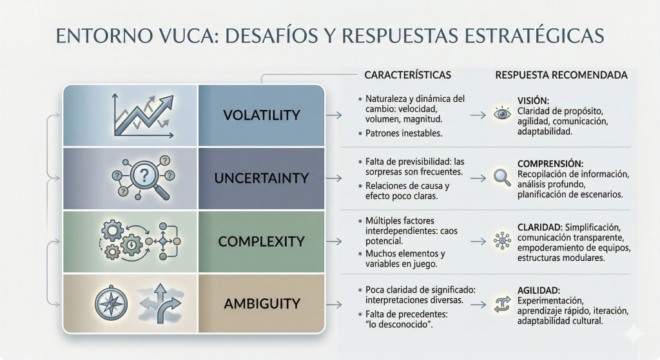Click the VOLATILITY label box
pos(262,115)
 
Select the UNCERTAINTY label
pos(262,178)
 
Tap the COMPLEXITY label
pos(262,242)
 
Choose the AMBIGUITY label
pos(262,303)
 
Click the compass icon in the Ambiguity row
pos(111,303)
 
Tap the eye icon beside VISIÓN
pos(502,114)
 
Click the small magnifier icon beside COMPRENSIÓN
pos(502,178)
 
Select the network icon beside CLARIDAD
pos(502,241)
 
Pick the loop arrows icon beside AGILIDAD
pos(502,305)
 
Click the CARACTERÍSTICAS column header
pos(407,75)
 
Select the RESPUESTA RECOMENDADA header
pos(561,75)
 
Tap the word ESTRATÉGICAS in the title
pos(534,35)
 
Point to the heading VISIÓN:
pos(533,101)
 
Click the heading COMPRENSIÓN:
pos(550,164)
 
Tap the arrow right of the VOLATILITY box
pos(334,115)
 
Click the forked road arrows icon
pos(160,303)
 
